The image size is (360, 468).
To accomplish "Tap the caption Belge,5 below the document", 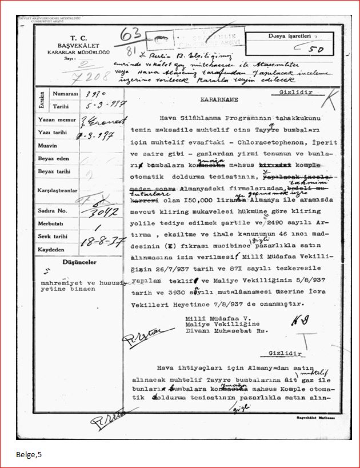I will click(x=29, y=455).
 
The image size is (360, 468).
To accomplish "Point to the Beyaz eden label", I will click(x=53, y=158).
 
